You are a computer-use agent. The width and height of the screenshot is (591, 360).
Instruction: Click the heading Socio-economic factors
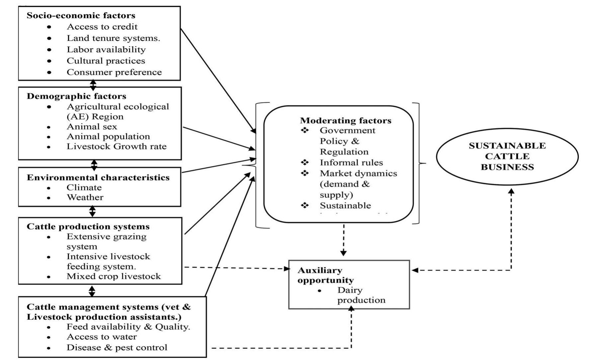(81, 16)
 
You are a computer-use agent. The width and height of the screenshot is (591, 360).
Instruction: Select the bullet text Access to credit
(102, 27)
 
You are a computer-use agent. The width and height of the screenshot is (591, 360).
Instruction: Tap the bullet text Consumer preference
(114, 72)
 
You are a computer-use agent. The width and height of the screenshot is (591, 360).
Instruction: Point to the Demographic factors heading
(76, 96)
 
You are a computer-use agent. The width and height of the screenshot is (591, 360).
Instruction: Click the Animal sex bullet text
(92, 127)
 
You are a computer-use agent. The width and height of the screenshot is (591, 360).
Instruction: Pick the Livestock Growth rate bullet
(116, 147)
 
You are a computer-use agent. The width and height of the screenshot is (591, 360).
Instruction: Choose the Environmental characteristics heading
(98, 178)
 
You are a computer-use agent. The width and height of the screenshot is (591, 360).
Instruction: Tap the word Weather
(85, 198)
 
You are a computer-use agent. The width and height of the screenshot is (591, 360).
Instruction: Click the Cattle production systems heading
(88, 227)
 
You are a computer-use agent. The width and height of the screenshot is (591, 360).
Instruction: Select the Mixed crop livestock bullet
(113, 277)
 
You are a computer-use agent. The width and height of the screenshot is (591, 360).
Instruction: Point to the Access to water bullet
(101, 337)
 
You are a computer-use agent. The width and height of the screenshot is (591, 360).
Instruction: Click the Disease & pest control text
(117, 348)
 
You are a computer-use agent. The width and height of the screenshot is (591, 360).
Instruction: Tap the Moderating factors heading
(345, 121)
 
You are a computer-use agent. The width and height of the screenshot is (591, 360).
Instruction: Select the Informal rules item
(351, 163)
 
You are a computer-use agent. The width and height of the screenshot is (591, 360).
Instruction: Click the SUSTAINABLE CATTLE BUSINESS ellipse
(507, 156)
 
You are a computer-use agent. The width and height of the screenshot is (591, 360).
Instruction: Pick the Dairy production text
(361, 295)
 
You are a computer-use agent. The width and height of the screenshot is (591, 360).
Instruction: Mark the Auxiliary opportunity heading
(325, 275)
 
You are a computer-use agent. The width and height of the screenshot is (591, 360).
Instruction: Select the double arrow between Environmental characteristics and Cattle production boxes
(92, 212)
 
